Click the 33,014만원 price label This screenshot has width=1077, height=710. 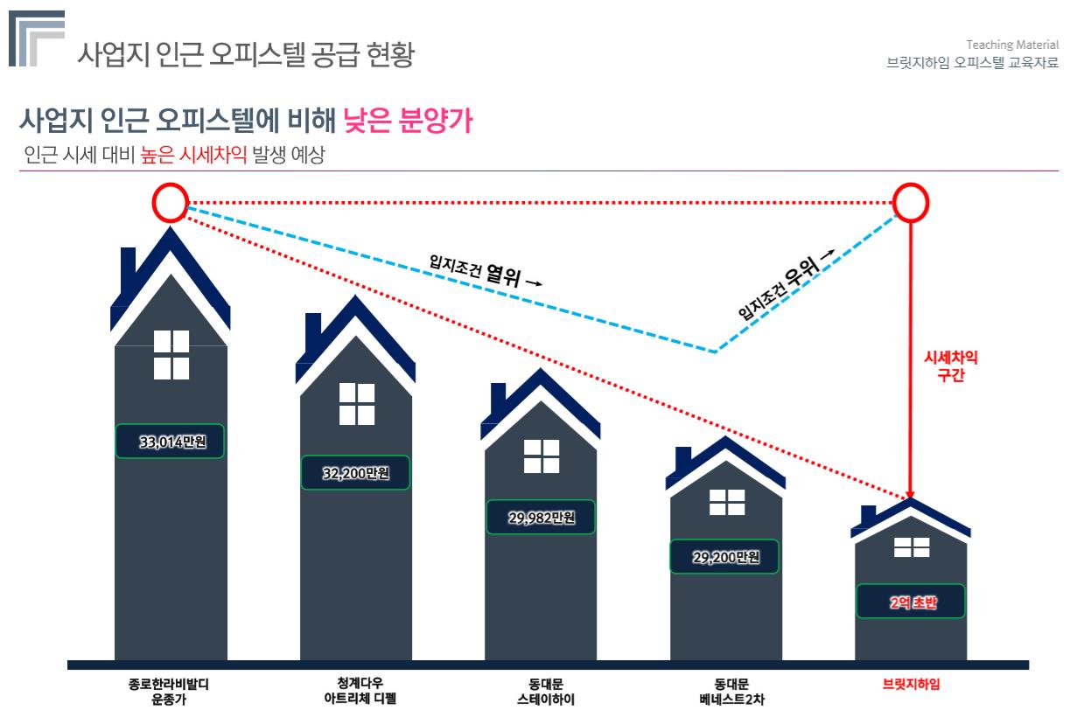(171, 441)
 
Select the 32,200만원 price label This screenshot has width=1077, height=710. (355, 473)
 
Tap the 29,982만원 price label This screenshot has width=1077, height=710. (541, 517)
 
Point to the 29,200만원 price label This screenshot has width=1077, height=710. (726, 556)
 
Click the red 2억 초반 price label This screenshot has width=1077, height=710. (912, 601)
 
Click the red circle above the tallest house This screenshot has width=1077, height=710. (171, 203)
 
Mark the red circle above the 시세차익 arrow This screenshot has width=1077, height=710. (911, 203)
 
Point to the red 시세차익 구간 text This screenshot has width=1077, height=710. (950, 367)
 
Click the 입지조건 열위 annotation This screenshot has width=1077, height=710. (484, 272)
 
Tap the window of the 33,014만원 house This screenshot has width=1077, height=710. (171, 355)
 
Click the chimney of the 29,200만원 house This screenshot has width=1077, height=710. (682, 459)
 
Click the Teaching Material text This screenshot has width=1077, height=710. (1018, 45)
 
